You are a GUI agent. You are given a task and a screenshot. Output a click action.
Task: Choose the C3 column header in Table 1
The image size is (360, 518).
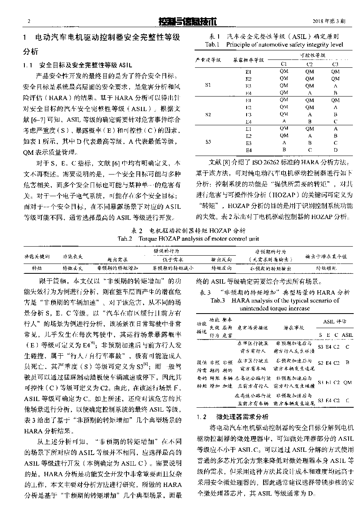tap(335, 64)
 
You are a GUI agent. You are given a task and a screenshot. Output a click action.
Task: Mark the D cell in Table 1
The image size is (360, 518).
tap(335, 150)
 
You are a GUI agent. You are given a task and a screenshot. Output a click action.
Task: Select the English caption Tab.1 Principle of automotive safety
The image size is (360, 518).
tap(274, 45)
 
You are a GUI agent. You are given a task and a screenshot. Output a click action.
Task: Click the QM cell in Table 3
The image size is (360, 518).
tap(347, 382)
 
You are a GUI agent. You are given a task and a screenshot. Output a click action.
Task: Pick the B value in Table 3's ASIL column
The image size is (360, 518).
tap(347, 362)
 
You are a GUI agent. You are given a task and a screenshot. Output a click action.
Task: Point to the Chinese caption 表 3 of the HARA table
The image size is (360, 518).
tap(275, 293)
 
